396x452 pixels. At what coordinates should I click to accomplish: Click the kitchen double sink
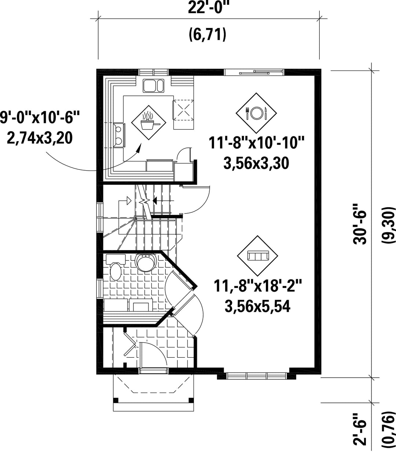pyautogui.click(x=154, y=86)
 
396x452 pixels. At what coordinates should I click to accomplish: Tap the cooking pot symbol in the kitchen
pyautogui.click(x=149, y=123)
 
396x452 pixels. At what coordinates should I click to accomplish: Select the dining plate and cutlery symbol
pyautogui.click(x=256, y=113)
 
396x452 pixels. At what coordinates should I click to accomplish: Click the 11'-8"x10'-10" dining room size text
pyautogui.click(x=256, y=143)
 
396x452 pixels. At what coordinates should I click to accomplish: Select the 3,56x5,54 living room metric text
pyautogui.click(x=257, y=306)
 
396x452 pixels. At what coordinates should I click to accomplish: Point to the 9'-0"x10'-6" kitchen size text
pyautogui.click(x=40, y=117)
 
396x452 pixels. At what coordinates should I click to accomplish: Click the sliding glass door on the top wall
pyautogui.click(x=254, y=72)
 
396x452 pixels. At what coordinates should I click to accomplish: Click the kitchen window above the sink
pyautogui.click(x=153, y=73)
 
